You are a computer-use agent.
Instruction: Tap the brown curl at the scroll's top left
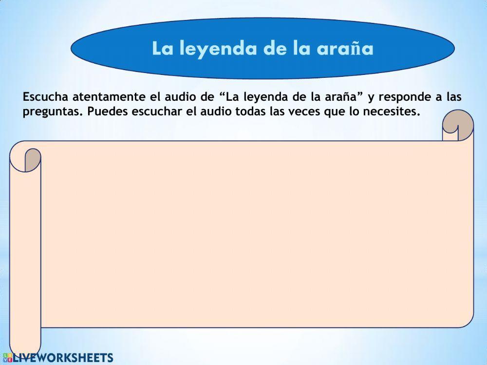click(32, 159)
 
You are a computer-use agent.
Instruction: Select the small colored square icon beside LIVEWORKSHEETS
click(7, 358)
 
